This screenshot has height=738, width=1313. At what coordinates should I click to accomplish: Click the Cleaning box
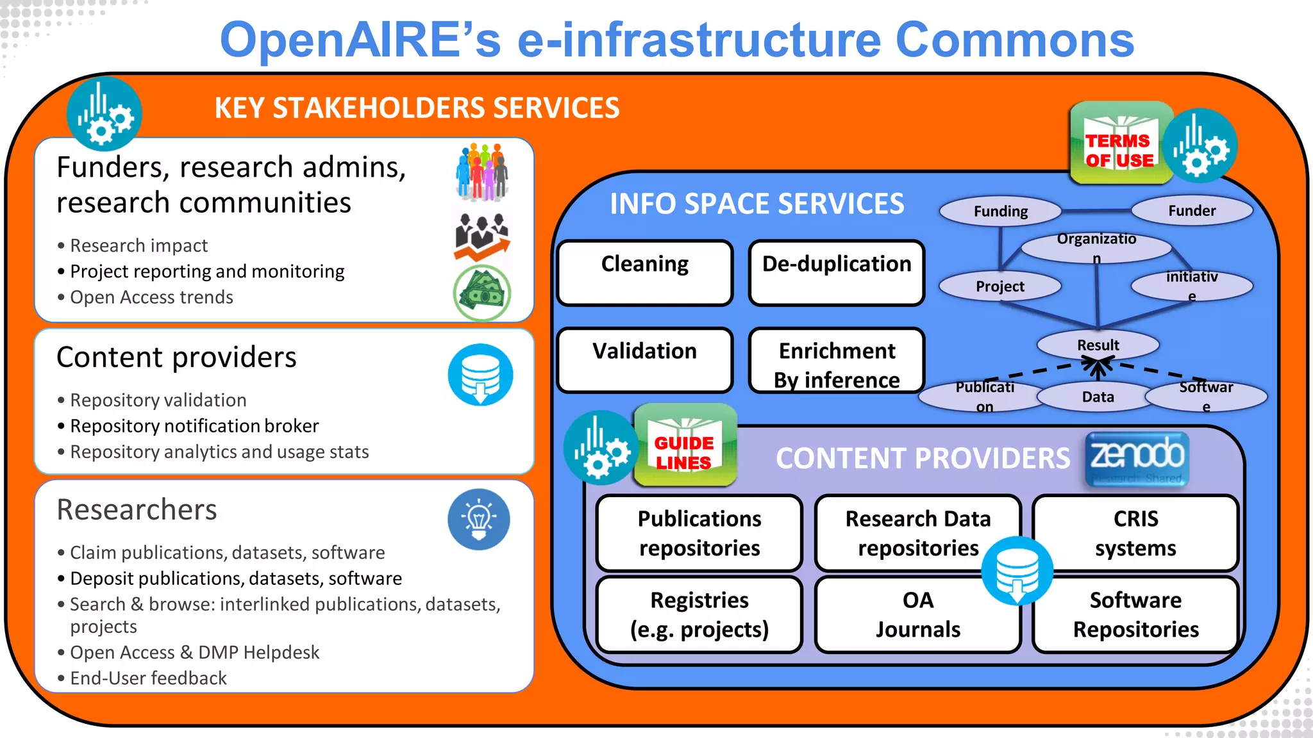(645, 273)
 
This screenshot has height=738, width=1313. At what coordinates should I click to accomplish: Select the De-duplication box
(837, 273)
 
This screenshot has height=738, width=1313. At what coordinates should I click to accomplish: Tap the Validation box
(645, 359)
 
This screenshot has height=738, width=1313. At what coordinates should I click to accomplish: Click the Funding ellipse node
(1000, 211)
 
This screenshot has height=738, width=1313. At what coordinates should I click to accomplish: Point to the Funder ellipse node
(1192, 210)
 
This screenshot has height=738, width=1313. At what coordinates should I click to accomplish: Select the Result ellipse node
(1098, 345)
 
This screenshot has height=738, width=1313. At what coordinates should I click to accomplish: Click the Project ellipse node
(1000, 286)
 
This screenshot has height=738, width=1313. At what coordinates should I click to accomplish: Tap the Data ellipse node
(1098, 397)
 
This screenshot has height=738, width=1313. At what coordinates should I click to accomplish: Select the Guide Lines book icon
(685, 446)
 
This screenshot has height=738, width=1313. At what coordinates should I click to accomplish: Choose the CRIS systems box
(1135, 533)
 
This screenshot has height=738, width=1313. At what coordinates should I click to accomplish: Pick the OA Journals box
(917, 614)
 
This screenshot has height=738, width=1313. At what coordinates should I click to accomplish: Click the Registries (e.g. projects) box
(699, 614)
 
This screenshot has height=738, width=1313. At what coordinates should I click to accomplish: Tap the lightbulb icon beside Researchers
(479, 519)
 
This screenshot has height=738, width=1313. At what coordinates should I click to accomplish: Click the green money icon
(482, 293)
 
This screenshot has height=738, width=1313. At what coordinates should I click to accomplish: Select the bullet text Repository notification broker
(194, 426)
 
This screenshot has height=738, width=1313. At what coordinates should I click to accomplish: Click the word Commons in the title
(1014, 40)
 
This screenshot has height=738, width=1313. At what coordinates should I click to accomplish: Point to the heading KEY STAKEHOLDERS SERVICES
(417, 108)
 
